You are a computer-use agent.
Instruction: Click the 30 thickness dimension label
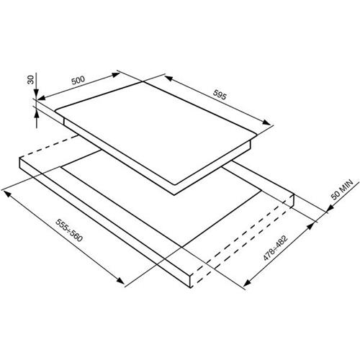[30, 79]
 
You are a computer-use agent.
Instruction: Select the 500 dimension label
[78, 80]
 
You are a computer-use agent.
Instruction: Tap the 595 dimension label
[220, 95]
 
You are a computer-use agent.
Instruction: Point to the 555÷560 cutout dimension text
[69, 230]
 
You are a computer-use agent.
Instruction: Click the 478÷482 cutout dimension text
[275, 248]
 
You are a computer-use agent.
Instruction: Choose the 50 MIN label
[342, 189]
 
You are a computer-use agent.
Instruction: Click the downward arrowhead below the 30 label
[36, 93]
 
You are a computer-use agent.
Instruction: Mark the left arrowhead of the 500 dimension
[41, 98]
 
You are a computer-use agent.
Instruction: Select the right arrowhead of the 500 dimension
[116, 75]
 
